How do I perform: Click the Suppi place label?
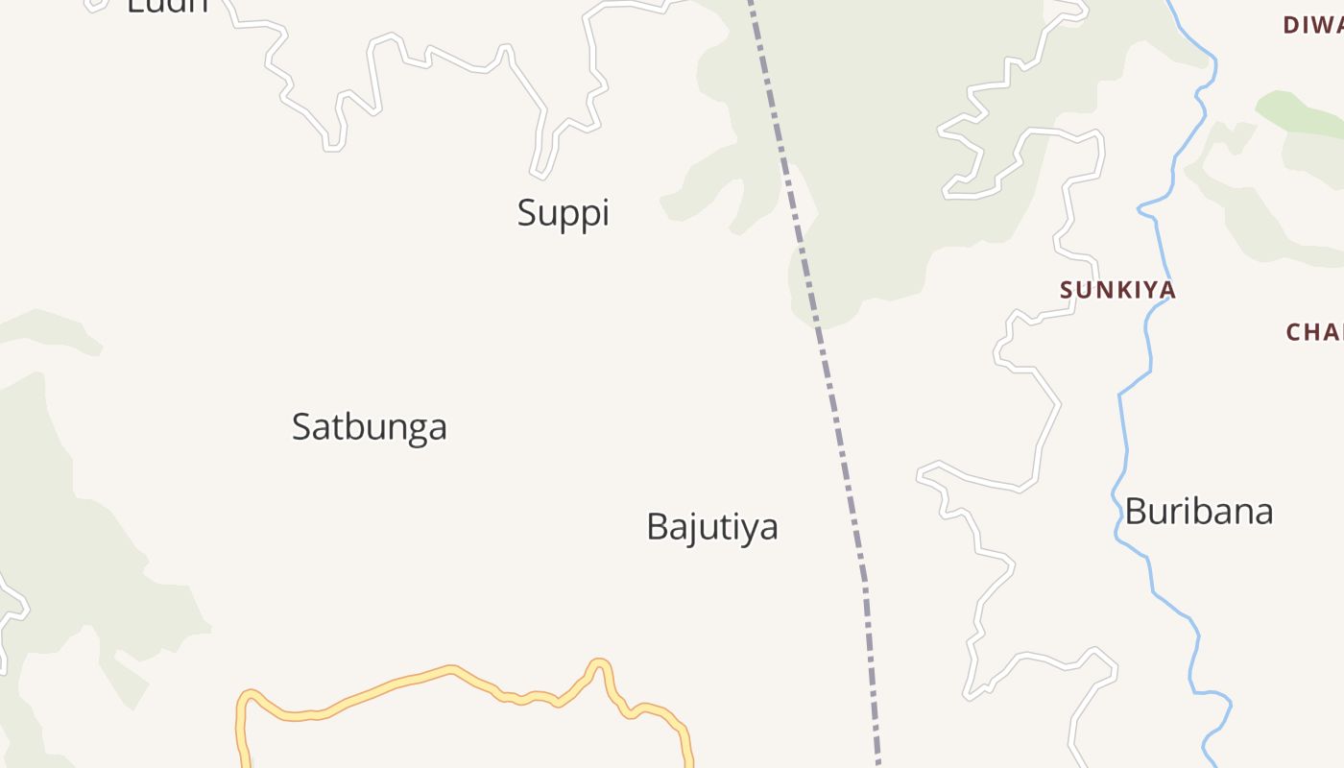coord(564,212)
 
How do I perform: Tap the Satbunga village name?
coord(370,426)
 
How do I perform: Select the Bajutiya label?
coord(711,526)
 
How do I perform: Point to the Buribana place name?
coord(1198,511)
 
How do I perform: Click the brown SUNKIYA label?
coord(1117,289)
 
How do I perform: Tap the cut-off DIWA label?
coord(1312,26)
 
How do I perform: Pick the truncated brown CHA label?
coord(1314,332)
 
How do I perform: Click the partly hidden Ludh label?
coord(167,6)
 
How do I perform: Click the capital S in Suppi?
coord(527,212)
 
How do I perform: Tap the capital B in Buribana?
coord(1136,511)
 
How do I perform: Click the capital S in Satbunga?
coord(301,426)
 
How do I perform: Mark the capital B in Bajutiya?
coord(657,526)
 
